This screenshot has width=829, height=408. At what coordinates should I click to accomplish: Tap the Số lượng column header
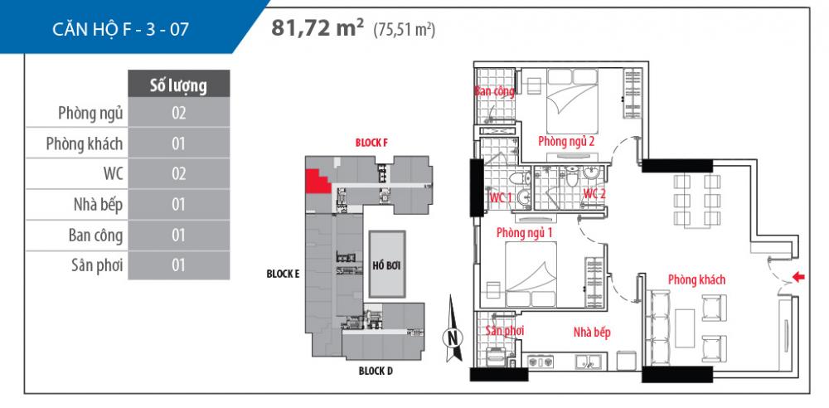pos(178,85)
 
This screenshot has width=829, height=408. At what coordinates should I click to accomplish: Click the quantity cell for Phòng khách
pos(178,143)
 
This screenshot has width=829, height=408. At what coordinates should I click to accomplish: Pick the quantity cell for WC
pos(178,174)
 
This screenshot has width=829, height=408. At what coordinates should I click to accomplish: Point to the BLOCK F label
pos(371,143)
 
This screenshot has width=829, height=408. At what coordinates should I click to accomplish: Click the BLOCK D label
pos(376,371)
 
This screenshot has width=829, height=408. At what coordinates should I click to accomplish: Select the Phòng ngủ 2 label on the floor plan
pos(566,141)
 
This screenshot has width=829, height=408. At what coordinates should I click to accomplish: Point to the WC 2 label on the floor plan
pos(595,194)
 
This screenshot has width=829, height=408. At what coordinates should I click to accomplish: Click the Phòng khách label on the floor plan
pos(696,279)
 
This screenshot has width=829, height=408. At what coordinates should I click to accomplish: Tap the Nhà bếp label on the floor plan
pos(592,333)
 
